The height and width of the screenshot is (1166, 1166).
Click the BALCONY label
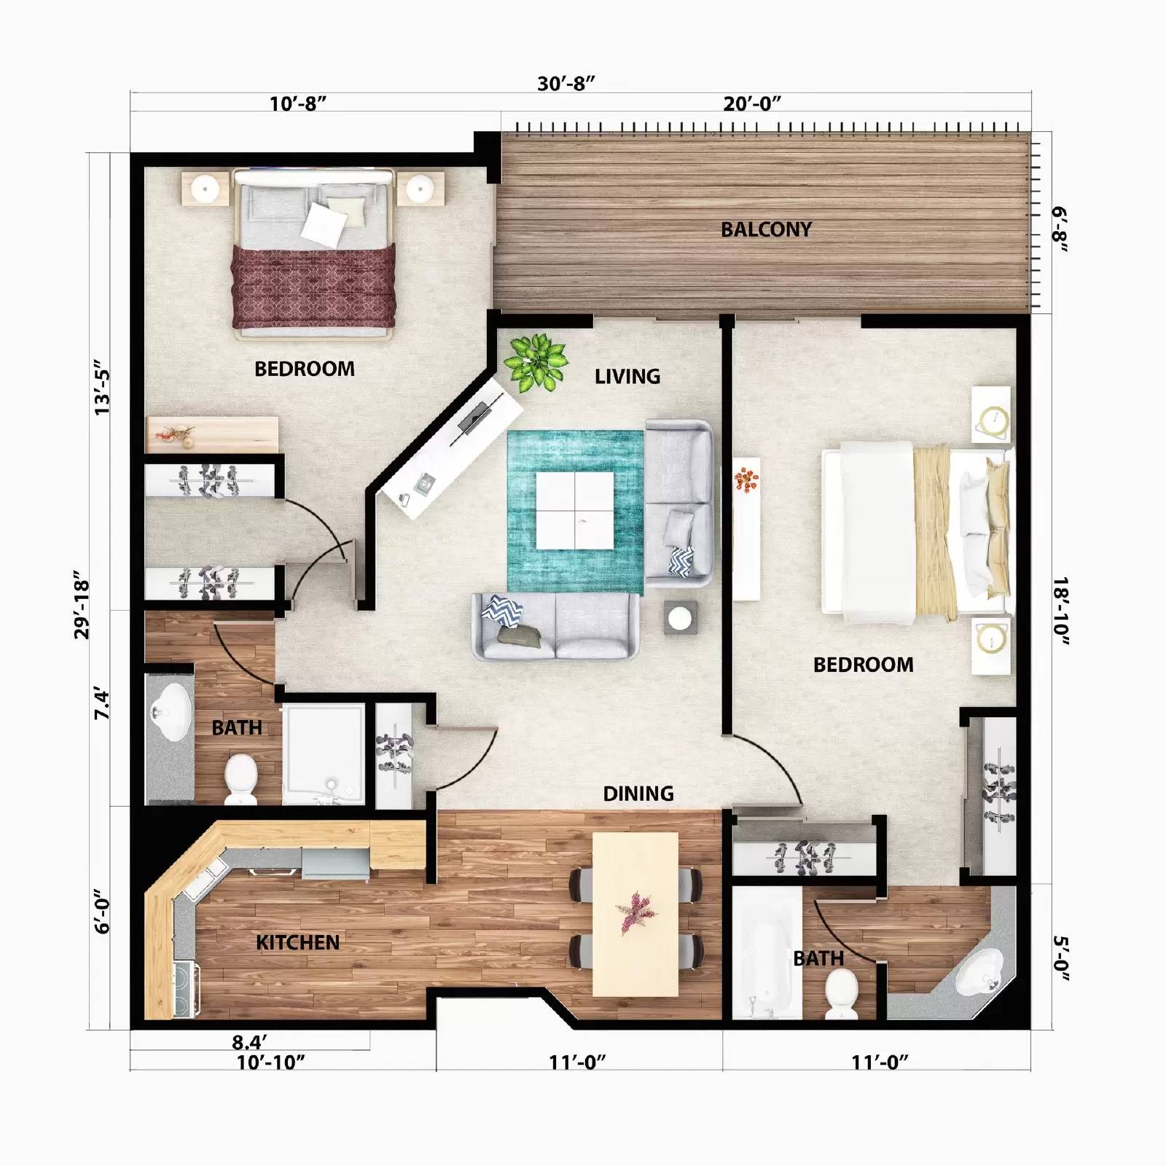(766, 230)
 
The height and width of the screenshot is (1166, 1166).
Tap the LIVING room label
(627, 377)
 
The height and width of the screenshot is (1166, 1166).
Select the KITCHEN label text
(297, 942)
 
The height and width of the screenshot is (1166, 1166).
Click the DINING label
(638, 794)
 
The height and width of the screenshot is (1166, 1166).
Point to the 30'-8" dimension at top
(566, 83)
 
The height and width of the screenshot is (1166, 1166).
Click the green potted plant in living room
(537, 360)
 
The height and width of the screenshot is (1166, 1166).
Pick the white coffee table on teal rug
(575, 510)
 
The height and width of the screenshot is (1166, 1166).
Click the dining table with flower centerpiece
(635, 914)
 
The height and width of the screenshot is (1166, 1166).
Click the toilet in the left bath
(240, 778)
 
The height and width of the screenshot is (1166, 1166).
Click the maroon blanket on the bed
(313, 286)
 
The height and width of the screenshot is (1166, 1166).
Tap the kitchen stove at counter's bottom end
(186, 990)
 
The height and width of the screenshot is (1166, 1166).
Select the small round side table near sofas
(680, 618)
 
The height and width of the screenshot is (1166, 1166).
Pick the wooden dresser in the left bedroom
(212, 434)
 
